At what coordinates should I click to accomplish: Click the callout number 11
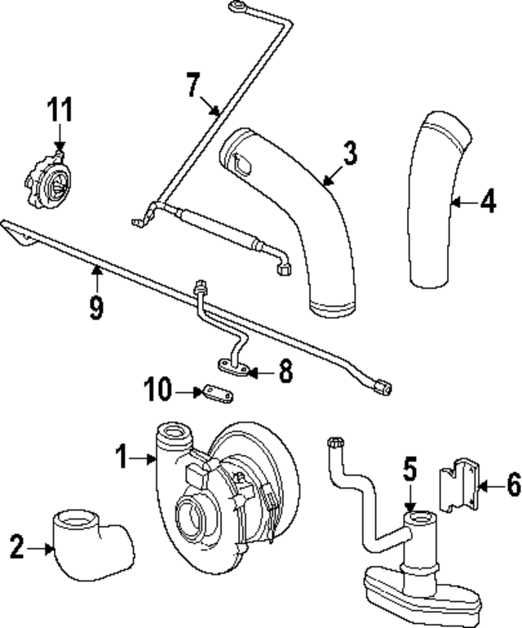point(60,108)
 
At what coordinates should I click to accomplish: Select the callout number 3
point(349,153)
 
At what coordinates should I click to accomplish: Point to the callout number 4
point(487,201)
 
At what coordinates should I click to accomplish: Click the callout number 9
point(96,308)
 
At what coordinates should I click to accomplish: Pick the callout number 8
point(285,373)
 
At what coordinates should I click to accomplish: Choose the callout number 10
point(159,391)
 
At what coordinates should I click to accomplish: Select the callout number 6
point(512,485)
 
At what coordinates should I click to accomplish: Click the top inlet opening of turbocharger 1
point(174,430)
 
